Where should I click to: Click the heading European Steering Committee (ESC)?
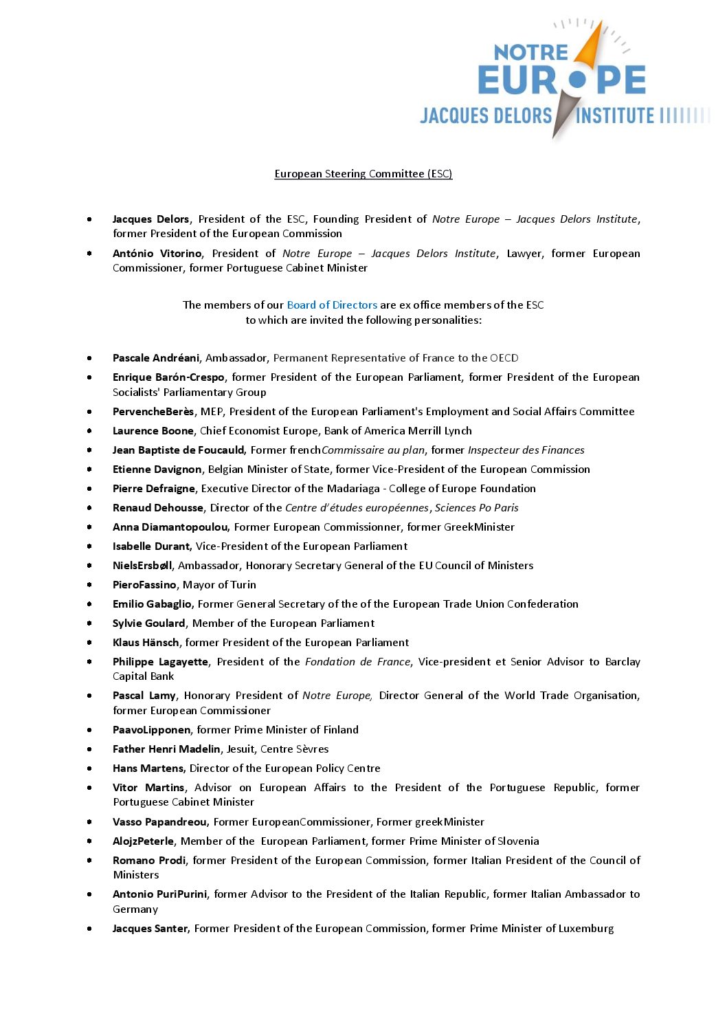click(363, 174)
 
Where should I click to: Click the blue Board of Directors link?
click(332, 305)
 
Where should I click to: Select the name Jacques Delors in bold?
click(150, 219)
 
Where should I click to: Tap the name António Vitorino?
click(157, 254)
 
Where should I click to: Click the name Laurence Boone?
click(153, 431)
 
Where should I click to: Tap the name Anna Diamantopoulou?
click(170, 527)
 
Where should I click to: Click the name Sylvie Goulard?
click(148, 623)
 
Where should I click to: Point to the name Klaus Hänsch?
click(146, 643)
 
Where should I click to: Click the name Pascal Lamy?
click(144, 696)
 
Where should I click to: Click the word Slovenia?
click(518, 841)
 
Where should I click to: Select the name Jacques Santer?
click(150, 929)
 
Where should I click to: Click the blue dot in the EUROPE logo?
click(578, 80)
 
